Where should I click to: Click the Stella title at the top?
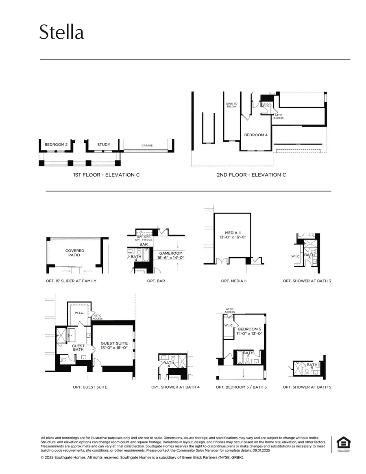(61, 32)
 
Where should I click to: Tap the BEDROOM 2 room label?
(56, 144)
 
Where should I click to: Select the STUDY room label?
(104, 144)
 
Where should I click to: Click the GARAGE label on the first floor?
(147, 145)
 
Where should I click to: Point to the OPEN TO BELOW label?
(231, 105)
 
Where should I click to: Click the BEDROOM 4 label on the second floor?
(255, 135)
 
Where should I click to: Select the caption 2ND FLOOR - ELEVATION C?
(251, 175)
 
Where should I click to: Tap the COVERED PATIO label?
(75, 253)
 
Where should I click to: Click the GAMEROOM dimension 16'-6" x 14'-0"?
(171, 258)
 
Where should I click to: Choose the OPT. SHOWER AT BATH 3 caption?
(307, 281)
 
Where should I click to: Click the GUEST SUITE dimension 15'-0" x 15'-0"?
(114, 348)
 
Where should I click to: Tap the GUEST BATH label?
(78, 347)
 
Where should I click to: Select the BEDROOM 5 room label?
(250, 329)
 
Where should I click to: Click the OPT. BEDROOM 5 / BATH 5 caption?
(241, 387)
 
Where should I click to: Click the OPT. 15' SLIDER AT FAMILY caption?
(71, 281)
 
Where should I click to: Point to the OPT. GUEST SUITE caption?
(90, 387)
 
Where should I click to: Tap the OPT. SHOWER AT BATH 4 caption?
(175, 387)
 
